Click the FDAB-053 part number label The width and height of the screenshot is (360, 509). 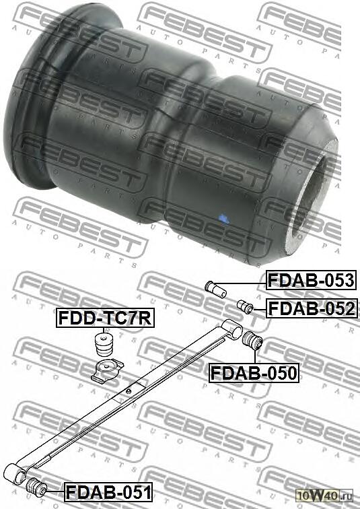tap(312, 280)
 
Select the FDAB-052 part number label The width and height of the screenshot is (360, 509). tap(312, 308)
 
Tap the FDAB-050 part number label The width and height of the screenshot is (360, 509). tap(254, 373)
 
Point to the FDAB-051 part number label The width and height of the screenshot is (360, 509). tap(108, 491)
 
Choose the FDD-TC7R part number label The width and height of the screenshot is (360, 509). tap(105, 318)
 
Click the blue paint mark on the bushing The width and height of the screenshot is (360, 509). tap(223, 219)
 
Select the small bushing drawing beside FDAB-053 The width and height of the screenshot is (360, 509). tap(216, 289)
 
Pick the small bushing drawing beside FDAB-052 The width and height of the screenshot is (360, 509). tap(245, 307)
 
